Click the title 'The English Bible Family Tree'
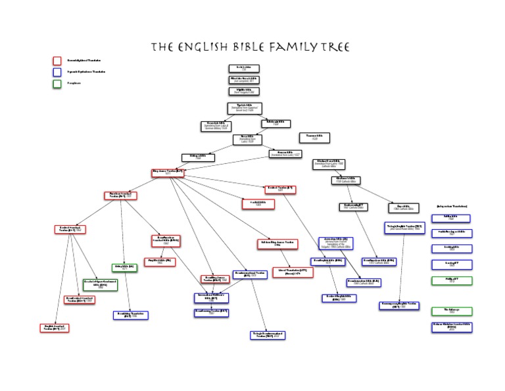(249, 47)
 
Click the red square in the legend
(57, 61)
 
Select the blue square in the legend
(57, 72)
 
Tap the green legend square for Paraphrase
(57, 84)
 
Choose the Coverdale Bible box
(216, 126)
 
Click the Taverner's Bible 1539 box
(314, 138)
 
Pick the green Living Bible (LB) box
(124, 268)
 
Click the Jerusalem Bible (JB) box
(337, 242)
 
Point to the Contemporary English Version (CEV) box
(399, 305)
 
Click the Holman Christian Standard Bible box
(451, 327)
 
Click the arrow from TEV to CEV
(402, 267)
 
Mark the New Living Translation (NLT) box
(130, 315)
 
